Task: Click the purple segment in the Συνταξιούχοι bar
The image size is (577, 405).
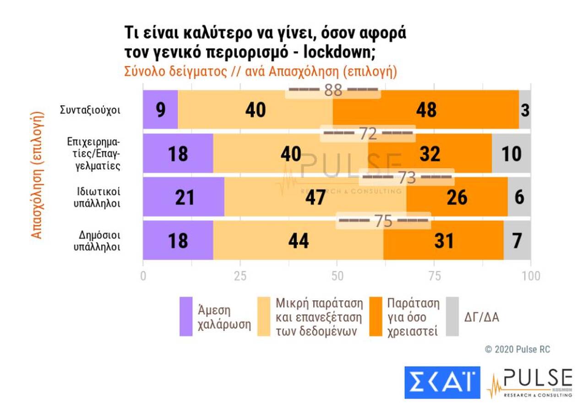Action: click(160, 110)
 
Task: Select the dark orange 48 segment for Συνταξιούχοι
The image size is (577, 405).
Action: click(426, 110)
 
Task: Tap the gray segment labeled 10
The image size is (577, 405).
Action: click(511, 154)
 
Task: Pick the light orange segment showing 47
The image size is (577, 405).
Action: click(316, 197)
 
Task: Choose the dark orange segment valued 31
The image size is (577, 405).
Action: click(443, 240)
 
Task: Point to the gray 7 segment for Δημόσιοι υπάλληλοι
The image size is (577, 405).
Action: click(517, 240)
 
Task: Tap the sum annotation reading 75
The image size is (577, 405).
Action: click(384, 221)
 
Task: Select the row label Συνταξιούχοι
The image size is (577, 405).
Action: click(91, 110)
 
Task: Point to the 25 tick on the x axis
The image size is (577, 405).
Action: click(240, 276)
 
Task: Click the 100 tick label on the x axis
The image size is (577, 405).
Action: click(530, 276)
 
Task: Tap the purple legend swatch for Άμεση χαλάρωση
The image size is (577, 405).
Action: click(186, 317)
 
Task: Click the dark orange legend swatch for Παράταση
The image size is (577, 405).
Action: click(376, 317)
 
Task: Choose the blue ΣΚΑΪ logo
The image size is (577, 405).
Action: click(442, 382)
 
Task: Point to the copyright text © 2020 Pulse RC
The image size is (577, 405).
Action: click(517, 349)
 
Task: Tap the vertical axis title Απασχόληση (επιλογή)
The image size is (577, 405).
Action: click(37, 174)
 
